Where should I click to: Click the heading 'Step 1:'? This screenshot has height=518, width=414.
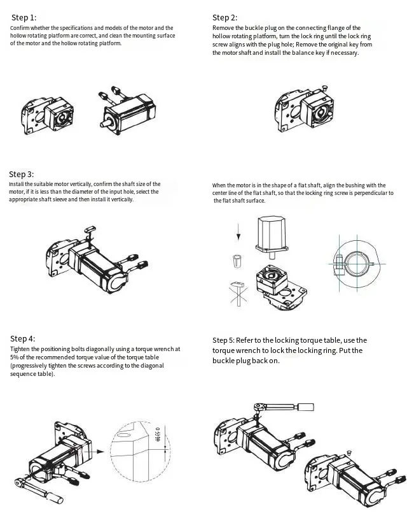pos(24,18)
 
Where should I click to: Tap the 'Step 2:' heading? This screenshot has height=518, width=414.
pos(224,17)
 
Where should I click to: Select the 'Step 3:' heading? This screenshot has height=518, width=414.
pos(22,174)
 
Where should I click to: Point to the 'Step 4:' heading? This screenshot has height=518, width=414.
pos(23,338)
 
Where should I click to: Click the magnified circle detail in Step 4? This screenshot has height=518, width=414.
pos(137,452)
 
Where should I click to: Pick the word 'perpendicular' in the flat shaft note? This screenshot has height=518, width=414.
pos(371,193)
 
